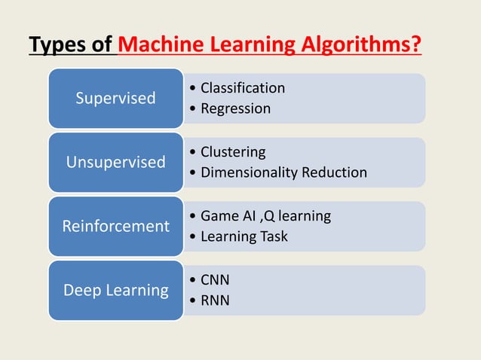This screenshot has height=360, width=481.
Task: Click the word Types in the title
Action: (57, 47)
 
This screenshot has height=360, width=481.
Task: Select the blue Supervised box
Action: (116, 98)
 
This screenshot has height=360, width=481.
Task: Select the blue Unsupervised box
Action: (116, 162)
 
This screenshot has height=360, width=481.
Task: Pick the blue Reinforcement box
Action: (116, 226)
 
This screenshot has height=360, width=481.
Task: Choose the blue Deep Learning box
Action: (116, 290)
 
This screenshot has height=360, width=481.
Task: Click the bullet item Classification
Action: (243, 88)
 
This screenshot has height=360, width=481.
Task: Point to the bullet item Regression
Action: (235, 108)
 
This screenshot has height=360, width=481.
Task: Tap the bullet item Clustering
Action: (233, 152)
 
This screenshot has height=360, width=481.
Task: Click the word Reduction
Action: (334, 172)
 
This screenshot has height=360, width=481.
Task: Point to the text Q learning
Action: (299, 216)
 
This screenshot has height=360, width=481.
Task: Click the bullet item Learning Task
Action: (244, 236)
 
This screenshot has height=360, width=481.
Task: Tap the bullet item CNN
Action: (215, 280)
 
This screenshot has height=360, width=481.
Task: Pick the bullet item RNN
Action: (215, 301)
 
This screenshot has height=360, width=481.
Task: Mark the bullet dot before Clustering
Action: (195, 153)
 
